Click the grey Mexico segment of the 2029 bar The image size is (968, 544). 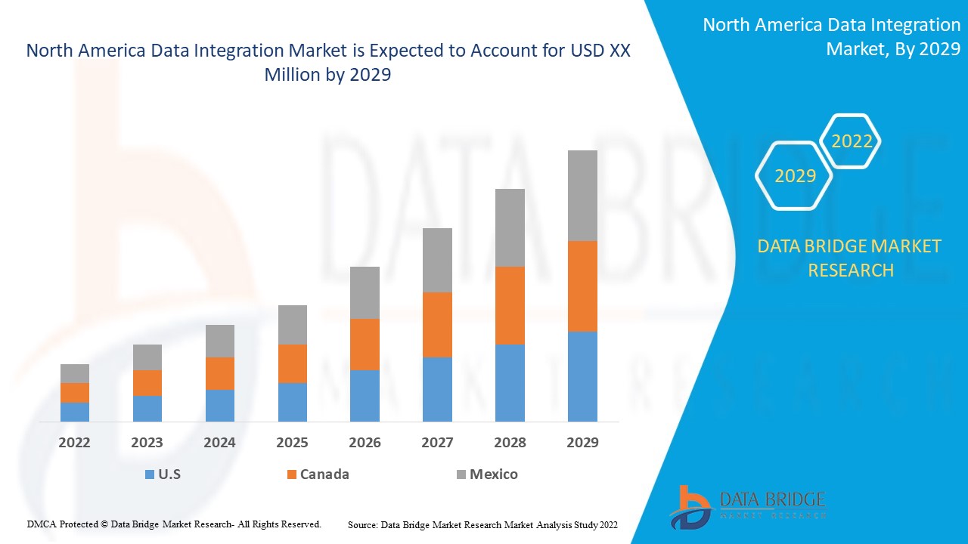[582, 196]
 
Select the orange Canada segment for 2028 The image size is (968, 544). [510, 305]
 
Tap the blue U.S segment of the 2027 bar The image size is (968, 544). [437, 389]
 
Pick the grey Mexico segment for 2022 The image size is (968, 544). [75, 373]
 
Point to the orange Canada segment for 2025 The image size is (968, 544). [293, 363]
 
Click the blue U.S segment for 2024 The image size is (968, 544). [220, 406]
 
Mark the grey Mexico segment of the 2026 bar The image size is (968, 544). [365, 292]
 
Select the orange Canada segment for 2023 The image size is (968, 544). [147, 383]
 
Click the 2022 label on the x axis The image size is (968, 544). [74, 443]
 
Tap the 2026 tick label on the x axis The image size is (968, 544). [365, 443]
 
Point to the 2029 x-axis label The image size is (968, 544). [582, 443]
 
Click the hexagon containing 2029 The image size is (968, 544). [794, 175]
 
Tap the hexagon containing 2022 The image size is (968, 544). [852, 141]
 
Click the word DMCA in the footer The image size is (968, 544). [41, 524]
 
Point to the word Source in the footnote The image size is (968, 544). [362, 524]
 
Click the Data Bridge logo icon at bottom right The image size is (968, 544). [690, 507]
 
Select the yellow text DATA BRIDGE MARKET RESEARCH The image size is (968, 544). [850, 258]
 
